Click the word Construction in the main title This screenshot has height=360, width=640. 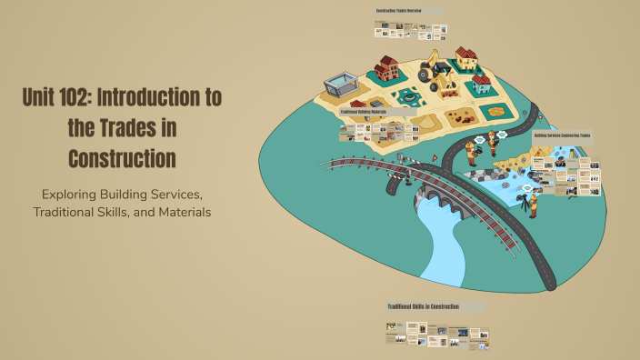coord(122,157)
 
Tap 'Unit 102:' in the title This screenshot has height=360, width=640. coord(65,97)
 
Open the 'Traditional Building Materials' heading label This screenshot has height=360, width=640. coord(363,112)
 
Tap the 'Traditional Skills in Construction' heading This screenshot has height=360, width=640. coord(423,306)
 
